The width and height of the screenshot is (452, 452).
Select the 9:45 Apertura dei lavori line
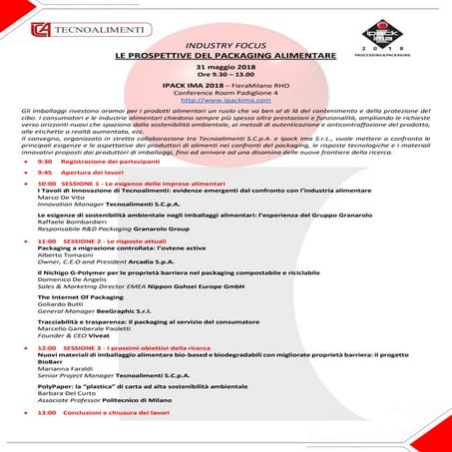point(81,173)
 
